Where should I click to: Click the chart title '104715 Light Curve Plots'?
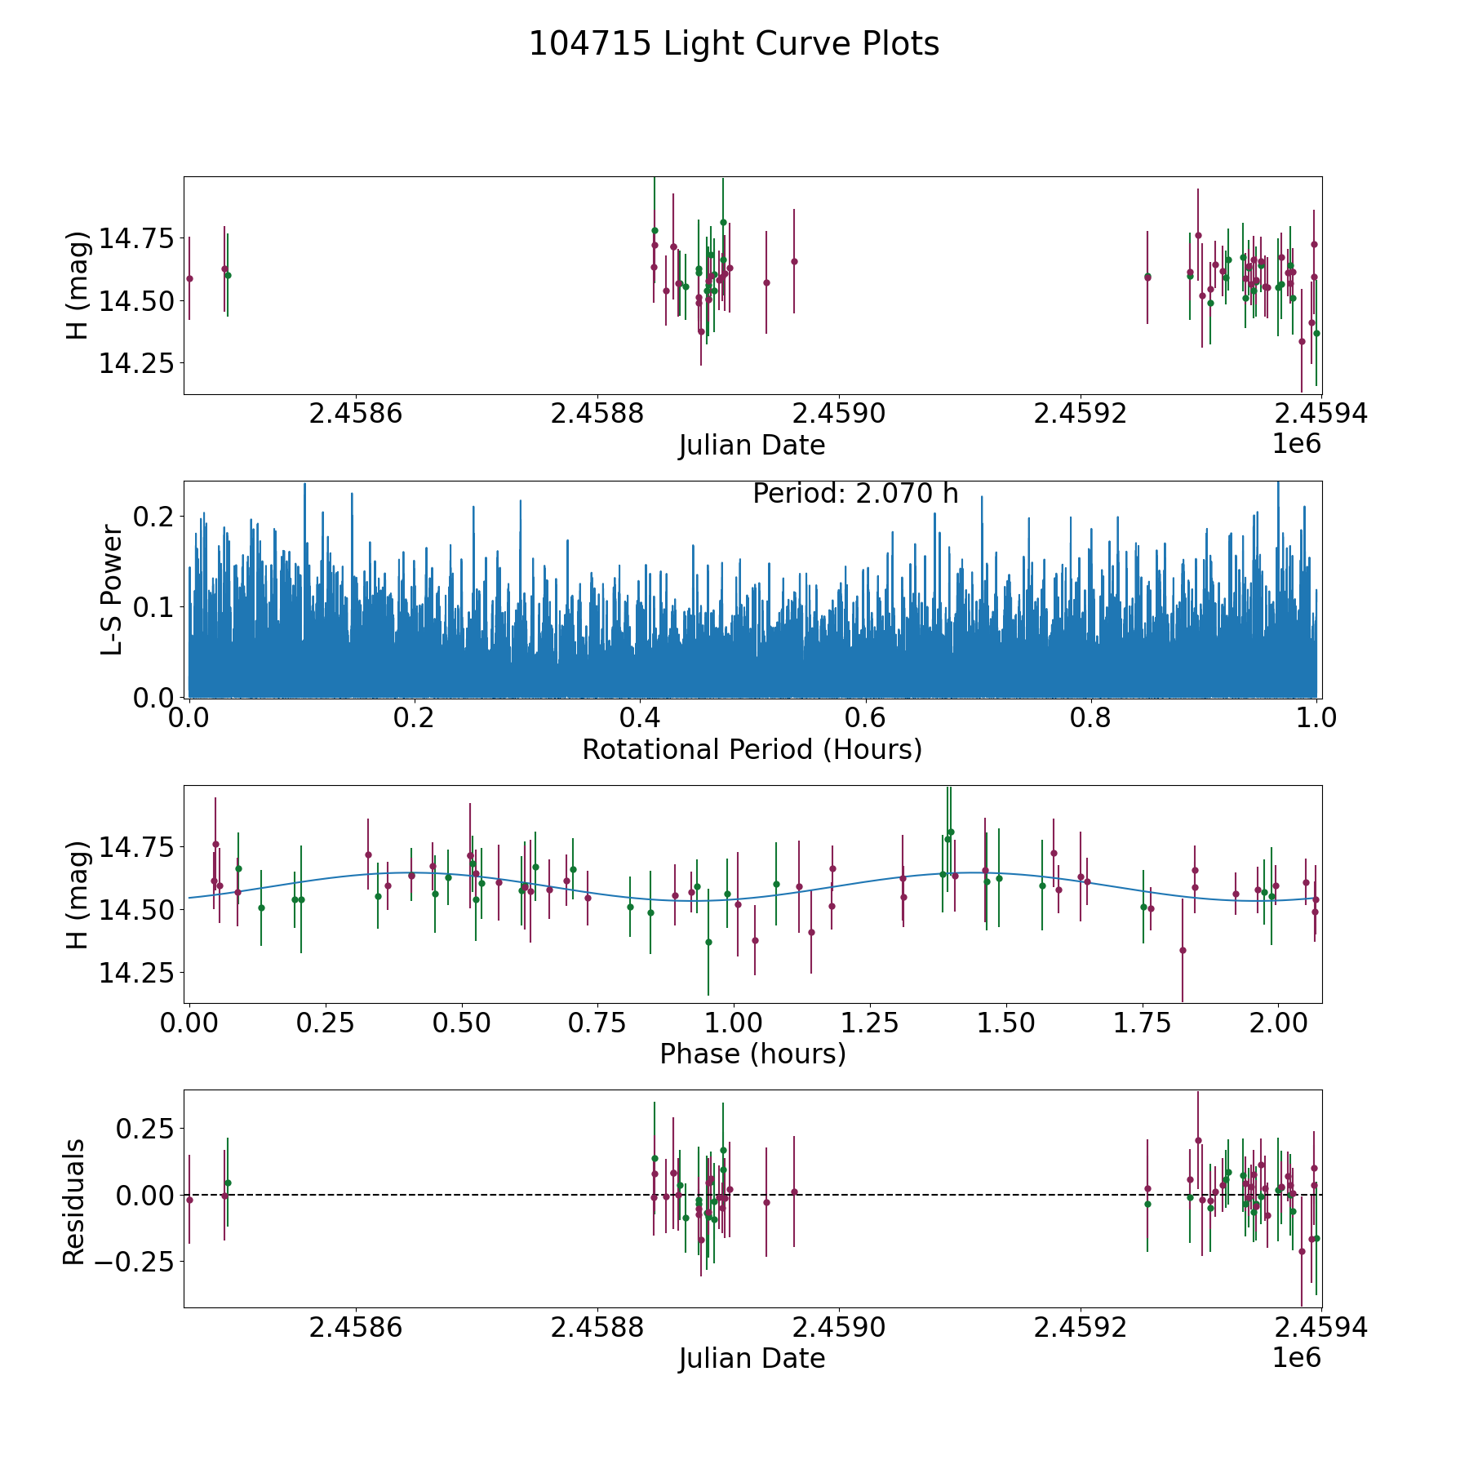tap(734, 44)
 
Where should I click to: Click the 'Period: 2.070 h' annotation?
tap(854, 494)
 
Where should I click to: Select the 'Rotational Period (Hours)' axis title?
tap(752, 749)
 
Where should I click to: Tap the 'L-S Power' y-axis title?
tap(113, 589)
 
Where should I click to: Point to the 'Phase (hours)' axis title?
tap(752, 1054)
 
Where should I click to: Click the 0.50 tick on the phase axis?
tap(461, 1023)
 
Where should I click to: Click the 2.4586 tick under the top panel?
tap(356, 414)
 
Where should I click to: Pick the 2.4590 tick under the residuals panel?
tap(839, 1328)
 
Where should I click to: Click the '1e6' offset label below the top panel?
tap(1296, 444)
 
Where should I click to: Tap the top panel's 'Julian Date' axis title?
tap(752, 446)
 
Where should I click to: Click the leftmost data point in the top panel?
tap(189, 278)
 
